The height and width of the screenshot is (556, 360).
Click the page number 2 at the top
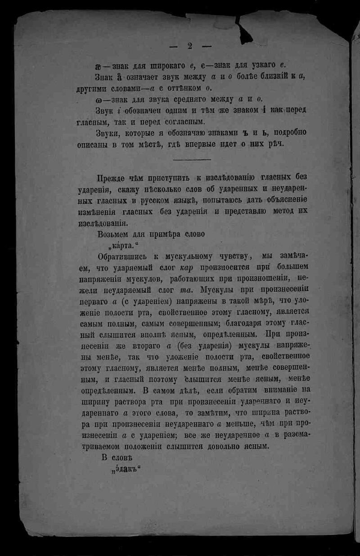point(189,45)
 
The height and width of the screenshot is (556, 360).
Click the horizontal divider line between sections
point(192,159)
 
